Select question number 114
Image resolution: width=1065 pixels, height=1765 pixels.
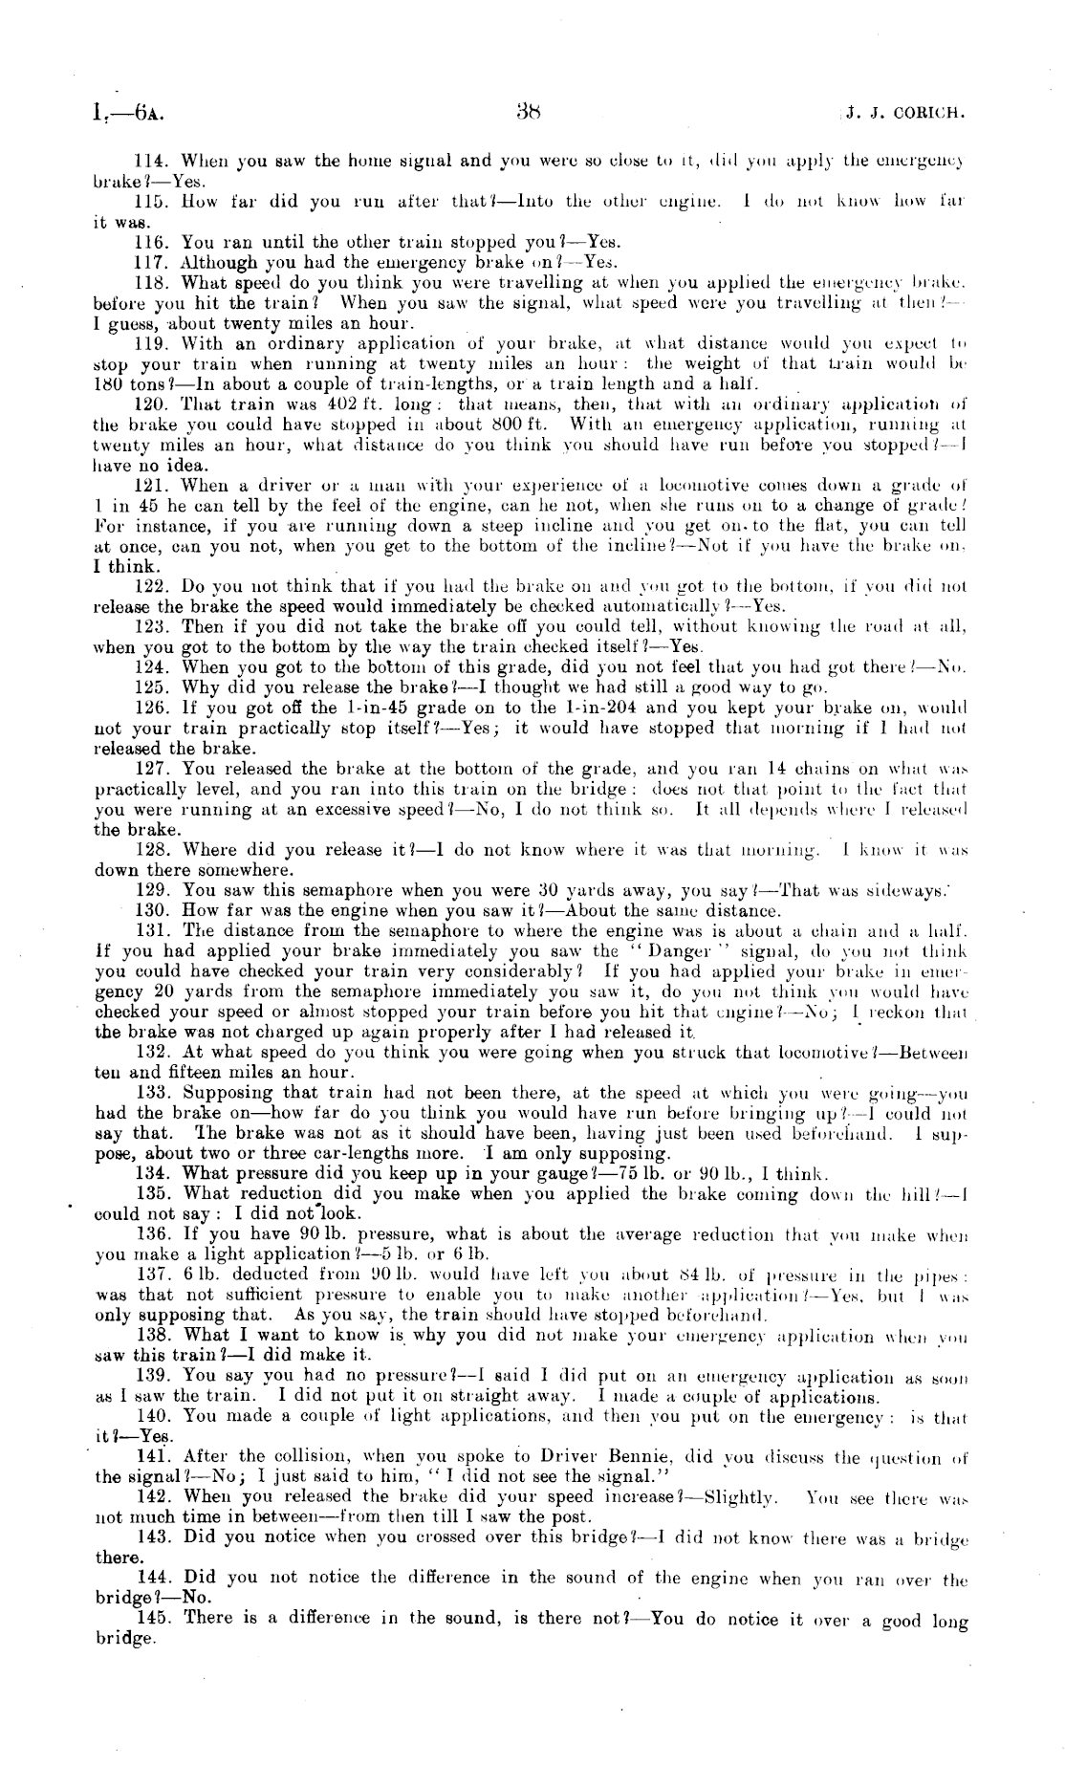click(153, 161)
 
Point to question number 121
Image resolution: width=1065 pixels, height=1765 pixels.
click(152, 486)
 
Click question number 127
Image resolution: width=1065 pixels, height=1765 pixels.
click(152, 769)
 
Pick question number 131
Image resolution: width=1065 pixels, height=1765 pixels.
click(152, 930)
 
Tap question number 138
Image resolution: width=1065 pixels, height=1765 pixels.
click(152, 1335)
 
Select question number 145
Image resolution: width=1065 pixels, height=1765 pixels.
click(153, 1618)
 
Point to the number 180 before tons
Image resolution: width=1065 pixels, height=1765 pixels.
click(109, 384)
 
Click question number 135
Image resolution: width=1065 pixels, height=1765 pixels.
click(152, 1193)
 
